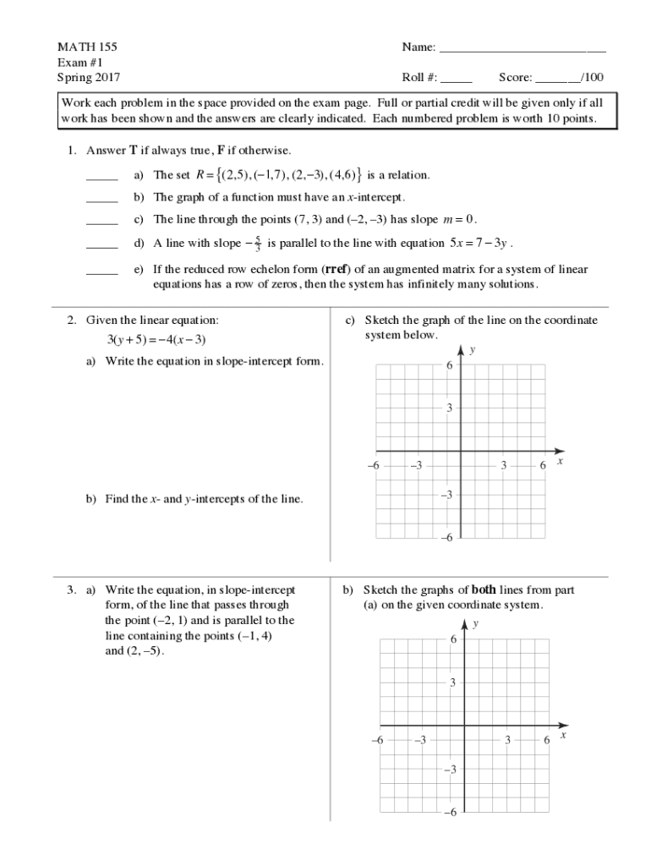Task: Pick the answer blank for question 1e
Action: point(102,273)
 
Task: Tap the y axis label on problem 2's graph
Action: point(472,348)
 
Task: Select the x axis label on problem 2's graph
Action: point(560,462)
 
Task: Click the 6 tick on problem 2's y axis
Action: point(450,365)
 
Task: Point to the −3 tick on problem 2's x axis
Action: point(416,466)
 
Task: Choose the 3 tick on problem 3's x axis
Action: point(507,740)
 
